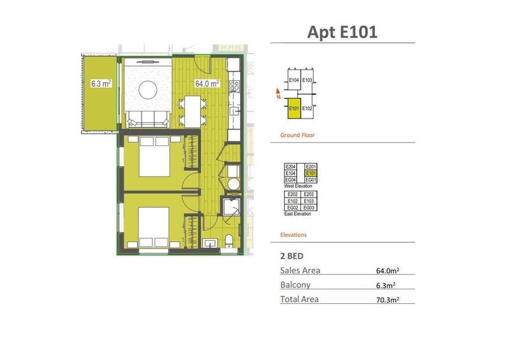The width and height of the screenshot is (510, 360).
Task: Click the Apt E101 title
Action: pyautogui.click(x=342, y=32)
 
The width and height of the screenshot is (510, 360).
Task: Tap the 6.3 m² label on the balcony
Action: pyautogui.click(x=101, y=83)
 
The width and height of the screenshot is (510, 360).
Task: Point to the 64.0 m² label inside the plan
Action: pyautogui.click(x=207, y=83)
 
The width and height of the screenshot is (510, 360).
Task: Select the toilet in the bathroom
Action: pyautogui.click(x=230, y=241)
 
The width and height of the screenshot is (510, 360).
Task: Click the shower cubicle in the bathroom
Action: pyautogui.click(x=229, y=208)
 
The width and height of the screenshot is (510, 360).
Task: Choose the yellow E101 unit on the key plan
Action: pyautogui.click(x=294, y=108)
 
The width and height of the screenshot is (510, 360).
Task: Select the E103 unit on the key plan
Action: pyautogui.click(x=307, y=80)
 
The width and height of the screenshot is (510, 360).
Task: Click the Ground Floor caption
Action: pyautogui.click(x=297, y=135)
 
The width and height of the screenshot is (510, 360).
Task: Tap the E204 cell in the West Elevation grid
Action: pyautogui.click(x=291, y=167)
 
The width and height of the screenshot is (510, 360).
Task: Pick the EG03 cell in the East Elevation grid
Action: pyautogui.click(x=309, y=208)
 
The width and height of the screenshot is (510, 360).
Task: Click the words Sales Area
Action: pyautogui.click(x=300, y=270)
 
